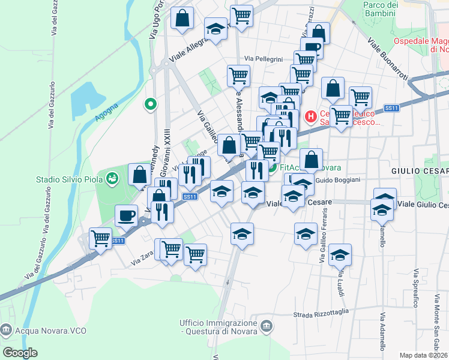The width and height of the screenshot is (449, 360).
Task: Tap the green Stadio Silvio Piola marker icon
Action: click(x=111, y=178)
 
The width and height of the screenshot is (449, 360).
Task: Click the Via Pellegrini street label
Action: click(x=263, y=59)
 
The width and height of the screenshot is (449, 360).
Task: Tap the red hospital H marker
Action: click(x=311, y=115)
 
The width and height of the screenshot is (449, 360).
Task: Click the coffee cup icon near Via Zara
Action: click(x=126, y=215)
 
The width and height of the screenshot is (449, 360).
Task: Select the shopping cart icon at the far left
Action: click(x=100, y=238)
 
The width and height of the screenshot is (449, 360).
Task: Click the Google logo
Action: click(x=20, y=352)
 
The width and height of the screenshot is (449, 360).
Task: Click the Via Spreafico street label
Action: click(x=415, y=287)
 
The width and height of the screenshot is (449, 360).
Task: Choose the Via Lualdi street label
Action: click(x=340, y=282)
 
